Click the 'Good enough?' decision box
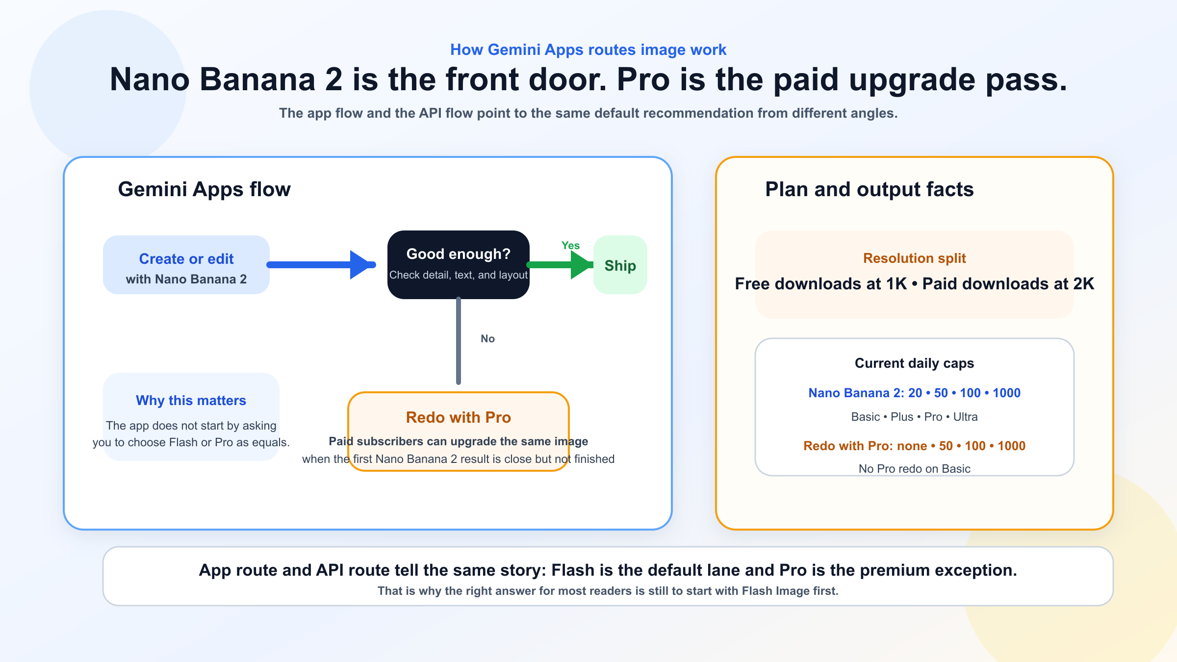tap(458, 264)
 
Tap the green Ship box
tap(620, 265)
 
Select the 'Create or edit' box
tap(186, 265)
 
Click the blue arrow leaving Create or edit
tap(319, 265)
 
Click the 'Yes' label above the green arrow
tap(570, 246)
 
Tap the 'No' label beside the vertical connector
tap(487, 339)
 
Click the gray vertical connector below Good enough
tap(459, 343)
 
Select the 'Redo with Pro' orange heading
tap(458, 417)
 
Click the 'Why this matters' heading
tap(191, 401)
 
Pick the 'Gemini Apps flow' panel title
tap(204, 189)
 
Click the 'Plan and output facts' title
tap(869, 189)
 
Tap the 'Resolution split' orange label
tap(914, 258)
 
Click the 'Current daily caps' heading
tap(914, 363)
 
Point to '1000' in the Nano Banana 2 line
tap(1006, 393)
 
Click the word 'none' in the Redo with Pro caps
tap(912, 446)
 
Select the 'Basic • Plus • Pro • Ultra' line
tap(914, 417)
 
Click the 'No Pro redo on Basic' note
tap(914, 469)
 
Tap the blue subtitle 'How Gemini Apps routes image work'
tap(588, 50)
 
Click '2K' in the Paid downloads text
tap(1083, 284)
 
